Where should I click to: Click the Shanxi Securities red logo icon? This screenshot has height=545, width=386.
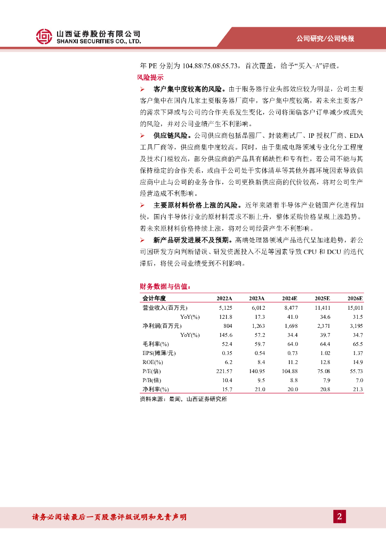pyautogui.click(x=44, y=36)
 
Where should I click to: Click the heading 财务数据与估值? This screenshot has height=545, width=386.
pyautogui.click(x=165, y=286)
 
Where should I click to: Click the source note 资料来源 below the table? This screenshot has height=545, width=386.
pyautogui.click(x=183, y=399)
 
